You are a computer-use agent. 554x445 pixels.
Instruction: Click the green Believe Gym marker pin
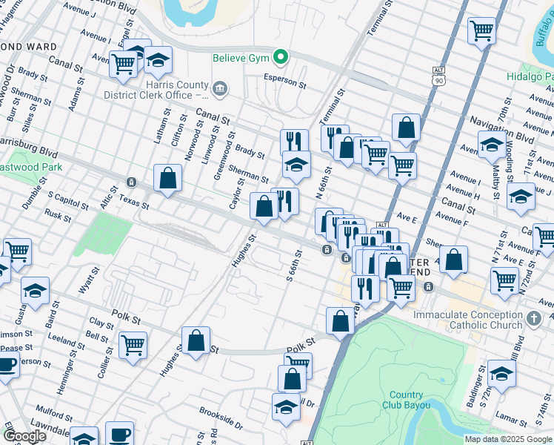(281, 56)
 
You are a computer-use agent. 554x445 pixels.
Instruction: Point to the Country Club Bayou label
(403, 400)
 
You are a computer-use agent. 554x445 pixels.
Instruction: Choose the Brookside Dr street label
(220, 418)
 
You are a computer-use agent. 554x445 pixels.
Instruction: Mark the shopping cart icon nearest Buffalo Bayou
(481, 31)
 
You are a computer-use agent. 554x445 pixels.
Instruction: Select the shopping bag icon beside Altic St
(168, 178)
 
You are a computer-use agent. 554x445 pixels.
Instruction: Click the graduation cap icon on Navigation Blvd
(492, 145)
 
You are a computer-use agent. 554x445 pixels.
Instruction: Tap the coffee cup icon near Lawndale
(119, 434)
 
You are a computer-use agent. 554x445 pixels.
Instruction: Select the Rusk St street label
(57, 215)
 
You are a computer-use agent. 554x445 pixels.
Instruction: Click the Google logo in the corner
(25, 436)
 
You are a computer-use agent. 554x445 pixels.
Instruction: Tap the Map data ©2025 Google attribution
(508, 439)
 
